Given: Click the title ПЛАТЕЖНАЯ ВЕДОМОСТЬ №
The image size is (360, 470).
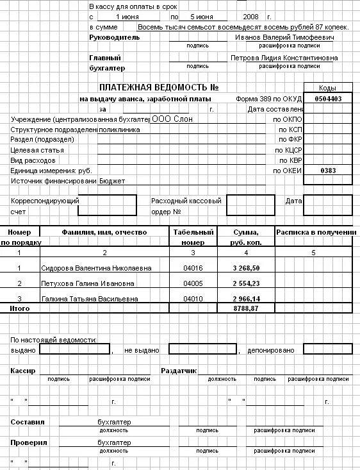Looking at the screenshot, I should tap(160, 87).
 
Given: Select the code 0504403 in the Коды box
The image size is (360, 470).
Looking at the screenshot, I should tap(327, 99).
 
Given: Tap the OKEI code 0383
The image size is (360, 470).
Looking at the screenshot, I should tap(327, 171).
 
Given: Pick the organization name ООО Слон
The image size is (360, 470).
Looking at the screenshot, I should tap(172, 119).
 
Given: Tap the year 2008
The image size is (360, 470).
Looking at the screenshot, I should tap(252, 16).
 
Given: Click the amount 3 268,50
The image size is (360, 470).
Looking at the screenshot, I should tap(246, 268).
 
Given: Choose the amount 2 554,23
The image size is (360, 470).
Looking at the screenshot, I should tap(246, 283).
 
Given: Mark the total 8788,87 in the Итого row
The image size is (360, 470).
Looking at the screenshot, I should tap(246, 308).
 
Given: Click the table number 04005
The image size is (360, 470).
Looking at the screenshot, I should tap(193, 283).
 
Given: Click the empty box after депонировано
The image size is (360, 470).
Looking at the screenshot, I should tap(327, 350).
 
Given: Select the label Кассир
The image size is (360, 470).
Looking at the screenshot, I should tap(23, 371).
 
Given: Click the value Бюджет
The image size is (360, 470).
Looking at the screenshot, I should tap(112, 181).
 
